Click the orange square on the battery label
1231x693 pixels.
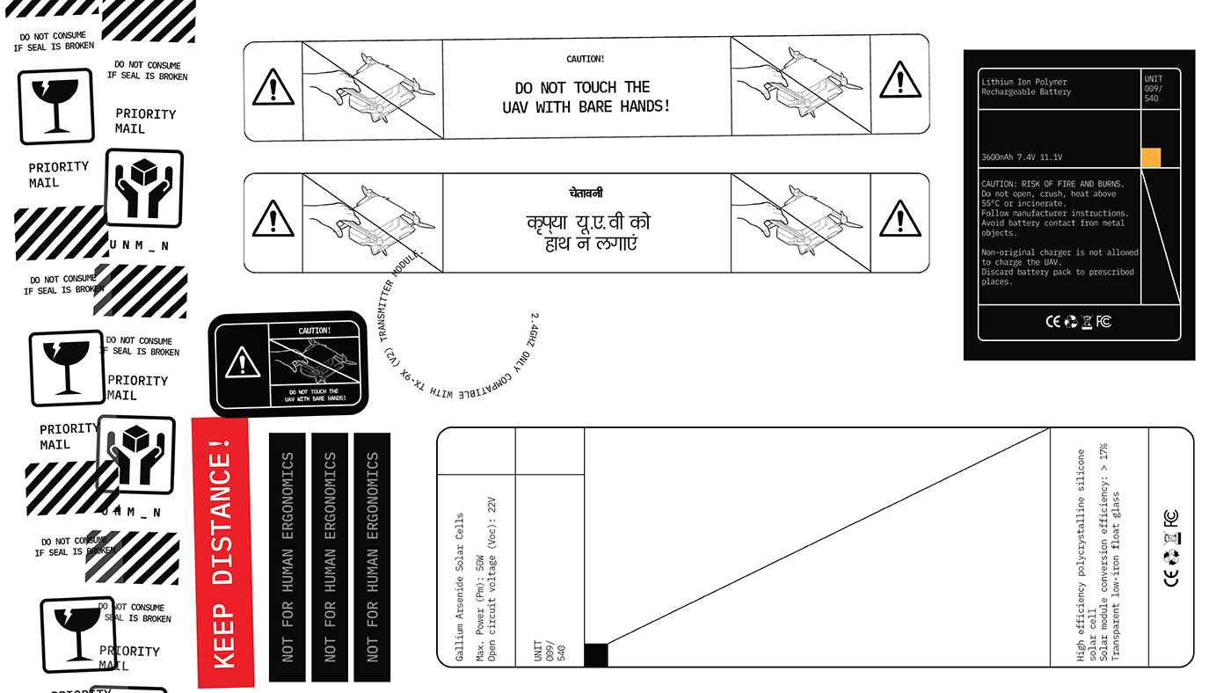coord(1151,157)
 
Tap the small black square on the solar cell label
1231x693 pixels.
coord(595,655)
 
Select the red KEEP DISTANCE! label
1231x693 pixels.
coord(223,552)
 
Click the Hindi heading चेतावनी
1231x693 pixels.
coord(586,193)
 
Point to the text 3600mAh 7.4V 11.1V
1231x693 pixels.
coord(1022,157)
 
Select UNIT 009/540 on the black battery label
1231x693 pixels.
coord(1153,88)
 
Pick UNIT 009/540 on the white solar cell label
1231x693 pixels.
coord(550,652)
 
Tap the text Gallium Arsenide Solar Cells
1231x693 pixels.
coord(459,587)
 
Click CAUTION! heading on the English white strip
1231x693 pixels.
coord(586,59)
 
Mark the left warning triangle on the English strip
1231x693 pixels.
coord(273,88)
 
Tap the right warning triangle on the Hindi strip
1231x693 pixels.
coord(900,219)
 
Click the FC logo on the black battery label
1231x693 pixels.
coord(1104,321)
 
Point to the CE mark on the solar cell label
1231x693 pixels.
coord(1170,577)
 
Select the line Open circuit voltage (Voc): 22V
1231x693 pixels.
coord(492,580)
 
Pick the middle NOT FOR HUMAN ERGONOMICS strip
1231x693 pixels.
coord(330,557)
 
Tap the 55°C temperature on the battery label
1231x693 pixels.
coord(994,203)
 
